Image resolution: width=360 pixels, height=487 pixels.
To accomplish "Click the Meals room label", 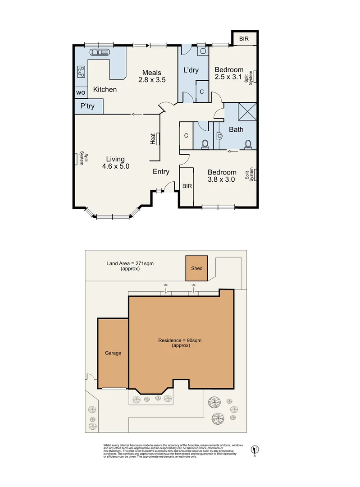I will point(151,73).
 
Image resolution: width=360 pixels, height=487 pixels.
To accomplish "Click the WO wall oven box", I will point(81,92).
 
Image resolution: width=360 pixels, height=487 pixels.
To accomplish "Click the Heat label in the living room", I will point(153,139).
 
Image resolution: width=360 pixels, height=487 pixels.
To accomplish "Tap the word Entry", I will point(161,171).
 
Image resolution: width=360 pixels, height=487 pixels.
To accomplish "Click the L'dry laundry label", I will point(191,70).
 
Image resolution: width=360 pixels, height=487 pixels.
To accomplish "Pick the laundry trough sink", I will point(202,51).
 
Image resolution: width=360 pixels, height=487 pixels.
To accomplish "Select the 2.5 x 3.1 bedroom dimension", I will point(228,77).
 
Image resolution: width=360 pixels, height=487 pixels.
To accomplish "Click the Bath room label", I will point(236,129).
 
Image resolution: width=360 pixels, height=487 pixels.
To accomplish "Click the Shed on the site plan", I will point(197,268).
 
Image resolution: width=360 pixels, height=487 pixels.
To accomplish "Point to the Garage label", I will point(113,353).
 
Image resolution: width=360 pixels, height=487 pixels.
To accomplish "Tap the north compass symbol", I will point(255,449).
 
